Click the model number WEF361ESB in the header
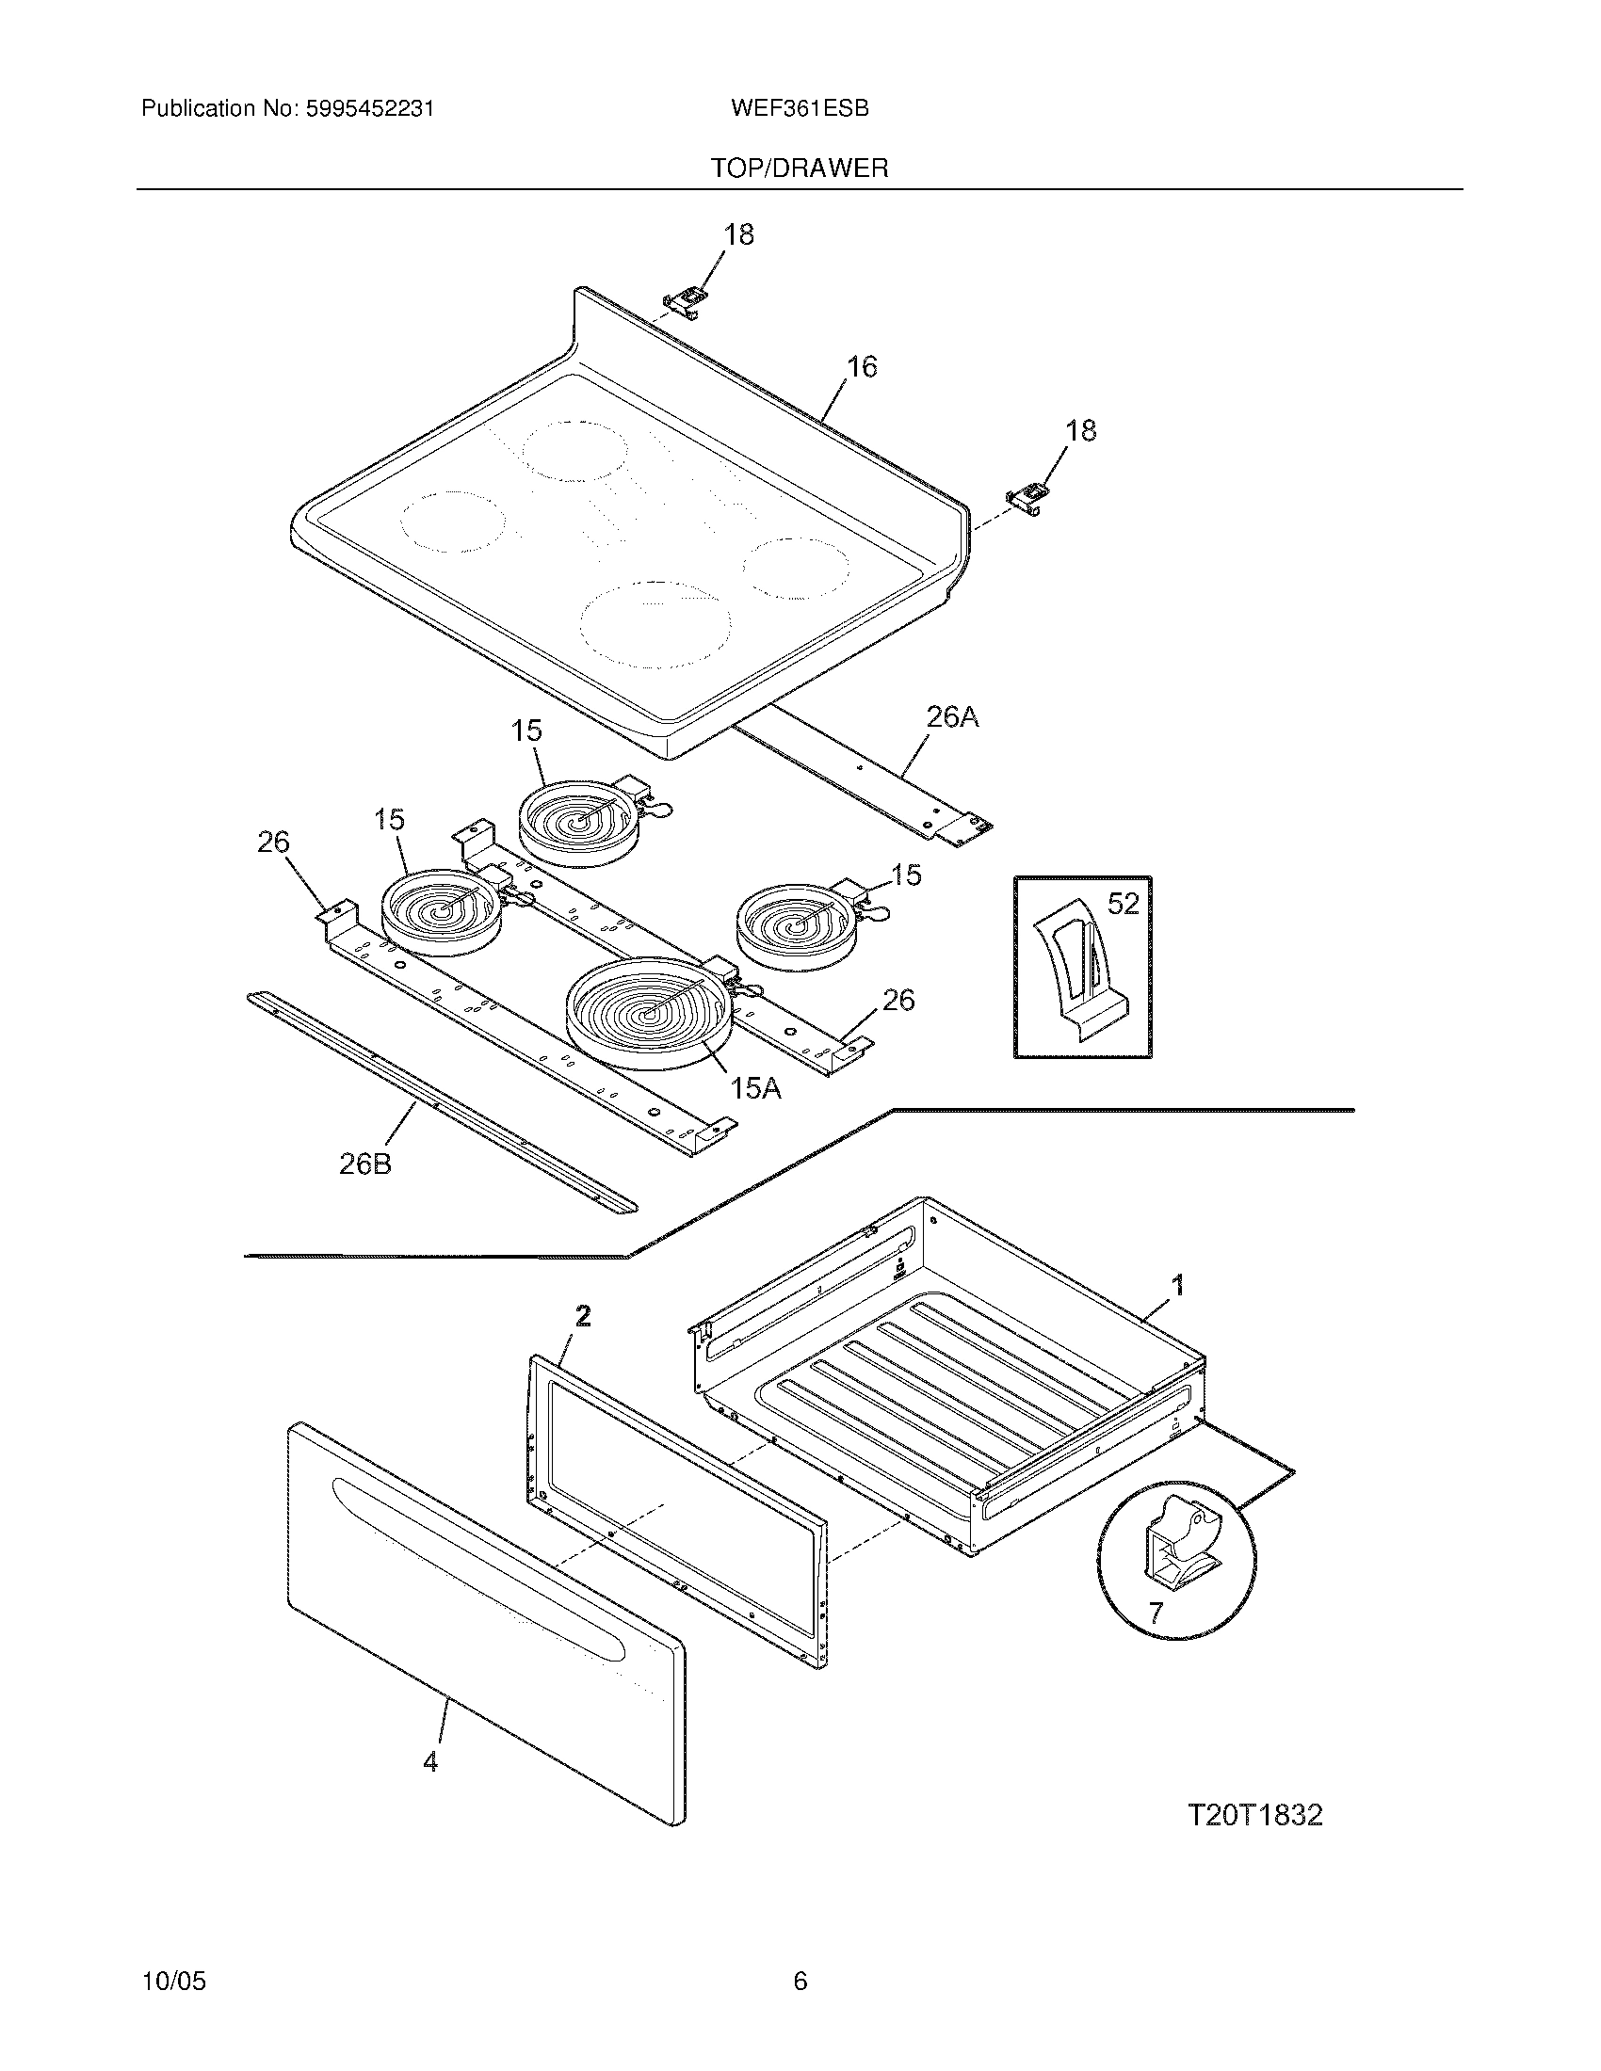[x=800, y=108]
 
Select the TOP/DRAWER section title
[x=800, y=169]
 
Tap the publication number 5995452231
[x=369, y=108]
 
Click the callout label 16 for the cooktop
[x=861, y=366]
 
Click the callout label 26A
[x=951, y=718]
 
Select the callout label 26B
[x=365, y=1164]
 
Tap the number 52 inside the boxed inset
[x=1123, y=904]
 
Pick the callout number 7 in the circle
[x=1155, y=1612]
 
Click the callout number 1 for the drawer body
[x=1178, y=1286]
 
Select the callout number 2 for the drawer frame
[x=583, y=1315]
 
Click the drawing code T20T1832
[x=1254, y=1815]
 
